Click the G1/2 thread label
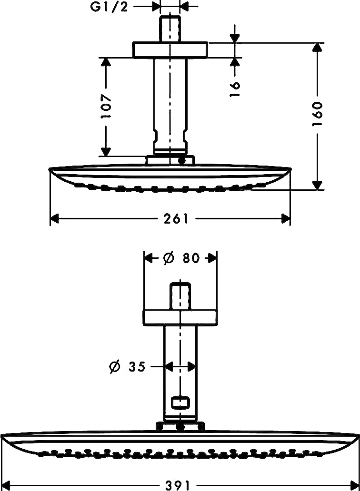tap(110, 7)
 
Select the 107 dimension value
tap(107, 107)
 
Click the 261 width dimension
tap(176, 218)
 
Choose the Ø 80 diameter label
tap(181, 258)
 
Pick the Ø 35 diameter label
tap(128, 366)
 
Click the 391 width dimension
tap(177, 485)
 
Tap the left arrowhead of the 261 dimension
tap(55, 218)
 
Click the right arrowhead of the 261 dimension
tap(285, 218)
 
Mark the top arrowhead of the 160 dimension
tap(318, 47)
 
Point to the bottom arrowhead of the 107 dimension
tap(106, 152)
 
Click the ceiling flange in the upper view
tap(170, 50)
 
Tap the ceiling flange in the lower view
tap(180, 318)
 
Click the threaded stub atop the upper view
tap(170, 28)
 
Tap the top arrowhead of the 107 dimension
tap(106, 62)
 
